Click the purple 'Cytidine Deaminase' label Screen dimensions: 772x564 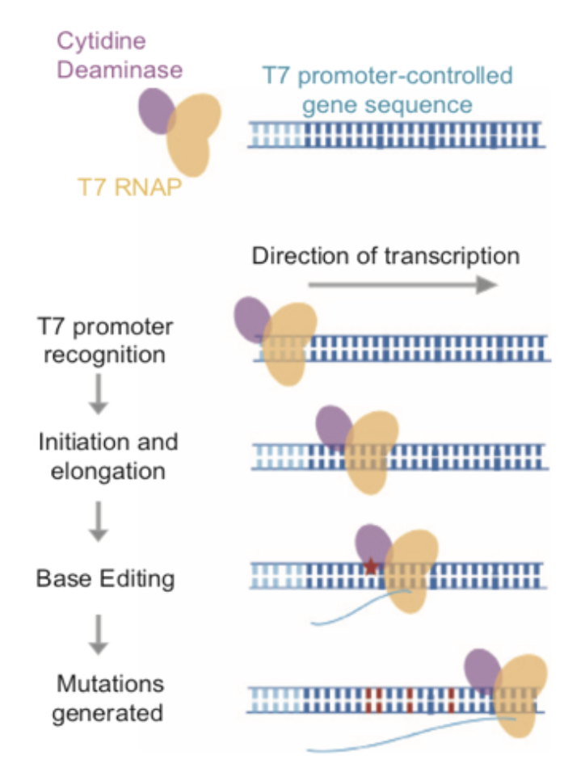tap(119, 54)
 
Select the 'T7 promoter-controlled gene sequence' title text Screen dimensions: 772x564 tap(387, 90)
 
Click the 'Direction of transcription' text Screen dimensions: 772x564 tap(385, 256)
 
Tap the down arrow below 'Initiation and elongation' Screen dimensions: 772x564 tap(98, 521)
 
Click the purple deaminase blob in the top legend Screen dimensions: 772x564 tap(156, 111)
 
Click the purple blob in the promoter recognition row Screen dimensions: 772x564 tap(252, 319)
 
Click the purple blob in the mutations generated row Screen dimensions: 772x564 tap(482, 670)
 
